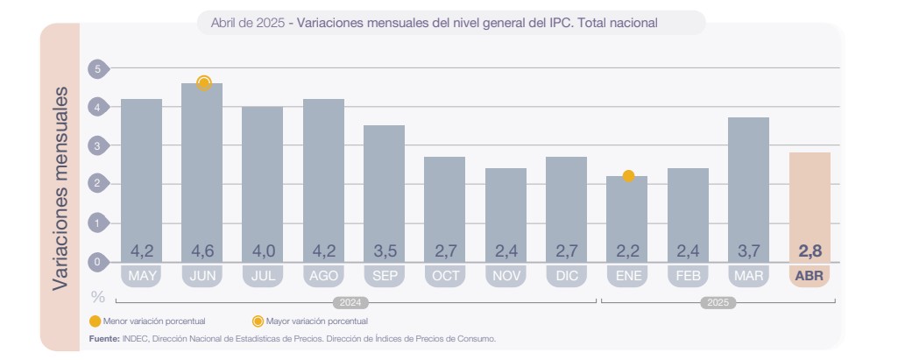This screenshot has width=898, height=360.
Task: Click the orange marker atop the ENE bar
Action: [628, 176]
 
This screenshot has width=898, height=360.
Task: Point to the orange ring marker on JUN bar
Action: [204, 83]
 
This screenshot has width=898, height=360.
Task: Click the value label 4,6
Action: [202, 251]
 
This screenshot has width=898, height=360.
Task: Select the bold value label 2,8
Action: [810, 251]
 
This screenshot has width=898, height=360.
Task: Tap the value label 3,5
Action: [384, 251]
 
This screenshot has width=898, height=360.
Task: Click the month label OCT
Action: [445, 277]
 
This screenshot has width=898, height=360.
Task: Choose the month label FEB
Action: [688, 277]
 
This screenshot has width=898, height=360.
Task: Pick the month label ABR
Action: [810, 277]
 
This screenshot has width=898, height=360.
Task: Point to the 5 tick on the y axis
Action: [97, 68]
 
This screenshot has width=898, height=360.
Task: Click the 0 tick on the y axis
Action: [97, 261]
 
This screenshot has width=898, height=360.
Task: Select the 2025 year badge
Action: [718, 303]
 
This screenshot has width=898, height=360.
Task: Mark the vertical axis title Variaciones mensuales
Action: [60, 188]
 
